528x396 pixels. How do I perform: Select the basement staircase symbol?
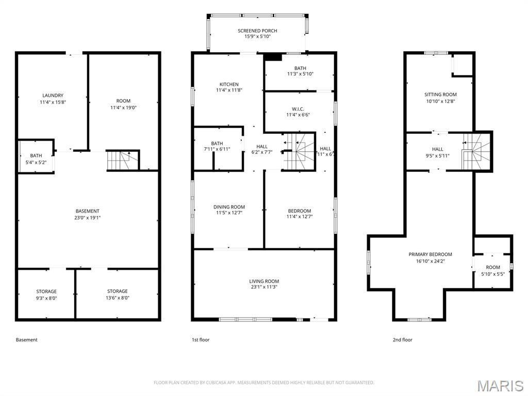[x=122, y=160]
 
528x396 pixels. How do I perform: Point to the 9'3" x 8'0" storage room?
[x=46, y=294]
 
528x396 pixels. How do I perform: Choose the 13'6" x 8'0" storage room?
[x=117, y=294]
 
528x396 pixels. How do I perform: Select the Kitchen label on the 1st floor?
[x=229, y=84]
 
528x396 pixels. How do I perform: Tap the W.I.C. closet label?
[x=298, y=109]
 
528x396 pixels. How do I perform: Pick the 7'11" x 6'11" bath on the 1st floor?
[x=217, y=146]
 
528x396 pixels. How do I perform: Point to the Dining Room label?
[x=229, y=207]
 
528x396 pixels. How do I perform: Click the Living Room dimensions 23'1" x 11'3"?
[x=264, y=288]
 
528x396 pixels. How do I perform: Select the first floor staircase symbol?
[x=298, y=151]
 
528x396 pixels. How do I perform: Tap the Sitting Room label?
[x=440, y=94]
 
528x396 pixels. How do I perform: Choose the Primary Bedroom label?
[x=430, y=254]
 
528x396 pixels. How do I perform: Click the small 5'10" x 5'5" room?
[x=492, y=270]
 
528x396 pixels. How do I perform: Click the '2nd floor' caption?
[x=402, y=340]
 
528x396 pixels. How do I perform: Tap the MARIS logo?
[x=500, y=385]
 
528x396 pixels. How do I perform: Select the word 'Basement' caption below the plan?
[x=27, y=340]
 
